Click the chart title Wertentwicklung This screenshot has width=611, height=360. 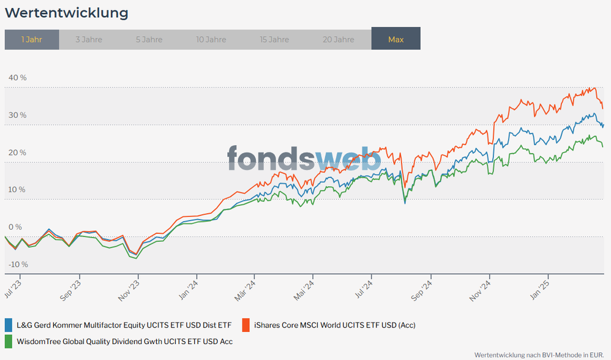pyautogui.click(x=67, y=13)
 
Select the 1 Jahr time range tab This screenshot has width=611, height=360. pyautogui.click(x=32, y=39)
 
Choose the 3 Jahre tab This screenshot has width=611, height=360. pyautogui.click(x=89, y=39)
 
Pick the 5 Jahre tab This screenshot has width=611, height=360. pyautogui.click(x=149, y=39)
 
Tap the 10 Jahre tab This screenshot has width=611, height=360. pyautogui.click(x=211, y=39)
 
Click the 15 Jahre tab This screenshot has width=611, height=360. pyautogui.click(x=274, y=39)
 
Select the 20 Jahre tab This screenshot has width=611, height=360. pyautogui.click(x=339, y=39)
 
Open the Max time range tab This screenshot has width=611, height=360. pyautogui.click(x=395, y=39)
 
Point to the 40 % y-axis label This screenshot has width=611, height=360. pyautogui.click(x=17, y=78)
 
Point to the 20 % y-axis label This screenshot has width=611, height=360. pyautogui.click(x=17, y=152)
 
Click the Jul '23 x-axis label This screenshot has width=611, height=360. pyautogui.click(x=13, y=288)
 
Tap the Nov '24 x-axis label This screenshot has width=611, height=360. pyautogui.click(x=481, y=290)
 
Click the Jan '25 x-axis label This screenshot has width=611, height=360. pyautogui.click(x=541, y=288)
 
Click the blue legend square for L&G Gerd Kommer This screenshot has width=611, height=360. pyautogui.click(x=9, y=324)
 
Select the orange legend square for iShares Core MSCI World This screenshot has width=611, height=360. pyautogui.click(x=247, y=324)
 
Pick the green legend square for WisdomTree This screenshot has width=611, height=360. pyautogui.click(x=9, y=341)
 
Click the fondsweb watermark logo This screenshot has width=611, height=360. pyautogui.click(x=304, y=159)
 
